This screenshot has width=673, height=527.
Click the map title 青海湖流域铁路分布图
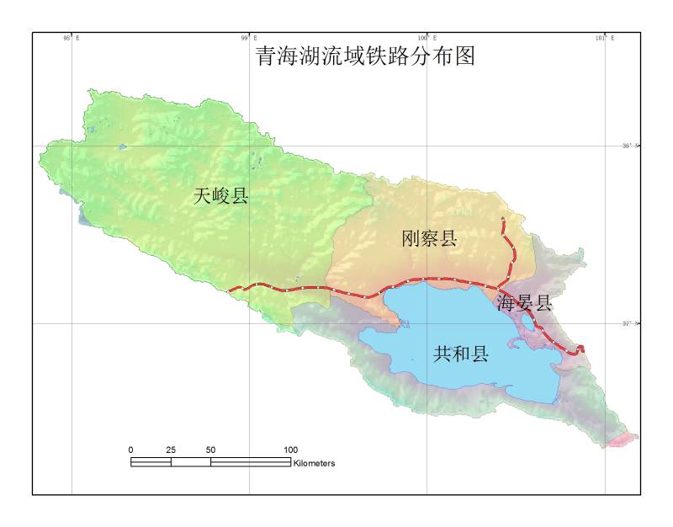[x=365, y=56]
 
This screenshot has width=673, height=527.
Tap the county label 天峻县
[x=221, y=197]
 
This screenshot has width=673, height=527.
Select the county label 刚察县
[x=429, y=239]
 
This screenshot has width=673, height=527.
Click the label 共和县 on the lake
[x=461, y=354]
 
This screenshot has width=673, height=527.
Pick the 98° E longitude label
[x=71, y=38]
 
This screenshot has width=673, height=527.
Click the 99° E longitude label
[x=248, y=38]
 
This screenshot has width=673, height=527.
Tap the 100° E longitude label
[x=427, y=38]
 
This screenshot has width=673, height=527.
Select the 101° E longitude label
[x=605, y=38]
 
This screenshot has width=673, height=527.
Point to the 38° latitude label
[x=632, y=146]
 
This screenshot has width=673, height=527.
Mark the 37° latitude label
[x=632, y=323]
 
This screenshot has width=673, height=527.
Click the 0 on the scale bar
[x=131, y=450]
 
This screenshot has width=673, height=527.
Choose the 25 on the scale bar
[x=171, y=450]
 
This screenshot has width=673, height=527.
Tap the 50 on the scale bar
[x=210, y=450]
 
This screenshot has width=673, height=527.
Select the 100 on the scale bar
[x=290, y=450]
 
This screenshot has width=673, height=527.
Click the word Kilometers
[x=315, y=463]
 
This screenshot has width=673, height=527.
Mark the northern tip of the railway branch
[x=502, y=219]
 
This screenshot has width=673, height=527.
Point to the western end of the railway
[x=229, y=291]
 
